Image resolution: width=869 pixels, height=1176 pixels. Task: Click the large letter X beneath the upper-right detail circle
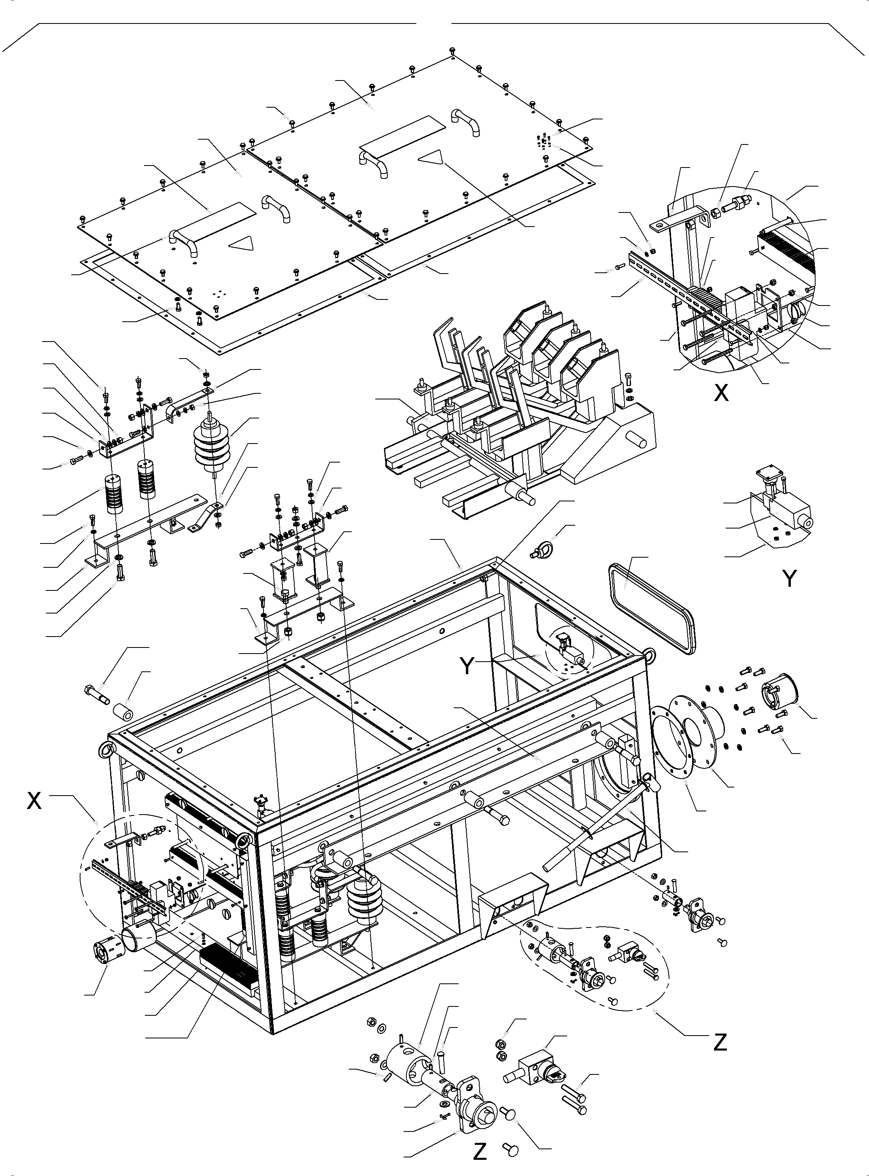(721, 393)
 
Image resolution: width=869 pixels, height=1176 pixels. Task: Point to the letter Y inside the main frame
(467, 666)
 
